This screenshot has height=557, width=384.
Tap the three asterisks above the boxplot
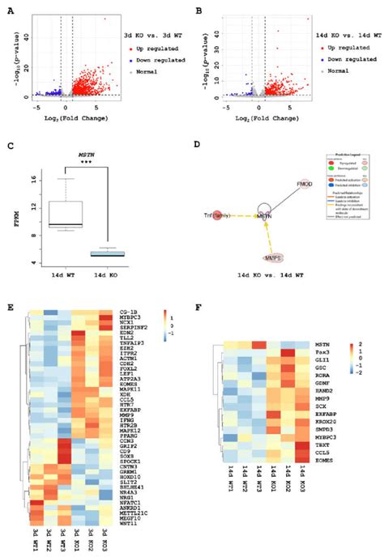point(92,162)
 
